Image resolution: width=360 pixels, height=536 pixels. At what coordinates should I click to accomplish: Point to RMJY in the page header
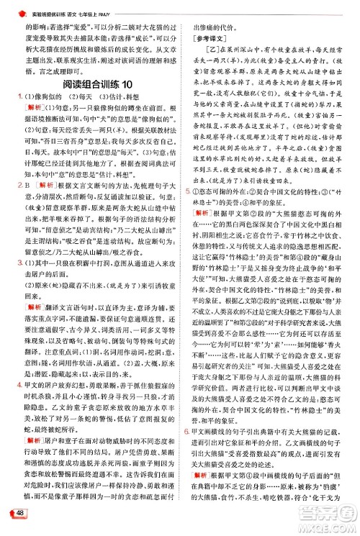(x=163, y=6)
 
